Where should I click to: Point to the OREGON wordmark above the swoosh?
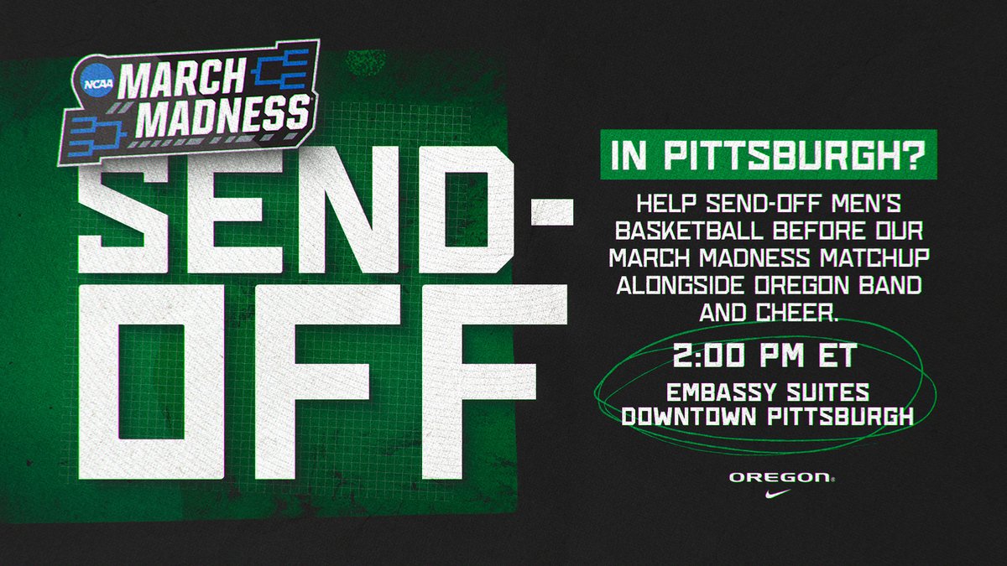(781, 477)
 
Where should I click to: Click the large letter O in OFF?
(156, 377)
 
